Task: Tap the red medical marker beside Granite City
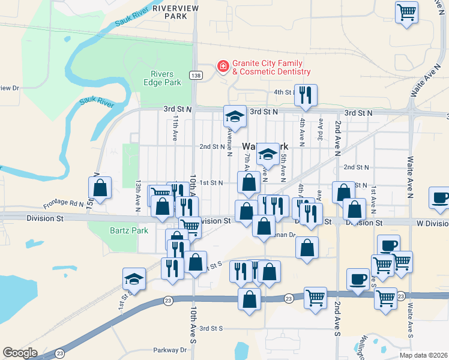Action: coord(223,67)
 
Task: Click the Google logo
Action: coord(20,353)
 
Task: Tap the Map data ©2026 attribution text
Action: coord(424,355)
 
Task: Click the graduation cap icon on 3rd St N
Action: coord(235,116)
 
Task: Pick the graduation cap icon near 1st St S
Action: coord(134,278)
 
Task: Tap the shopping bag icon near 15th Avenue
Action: coord(100,187)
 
